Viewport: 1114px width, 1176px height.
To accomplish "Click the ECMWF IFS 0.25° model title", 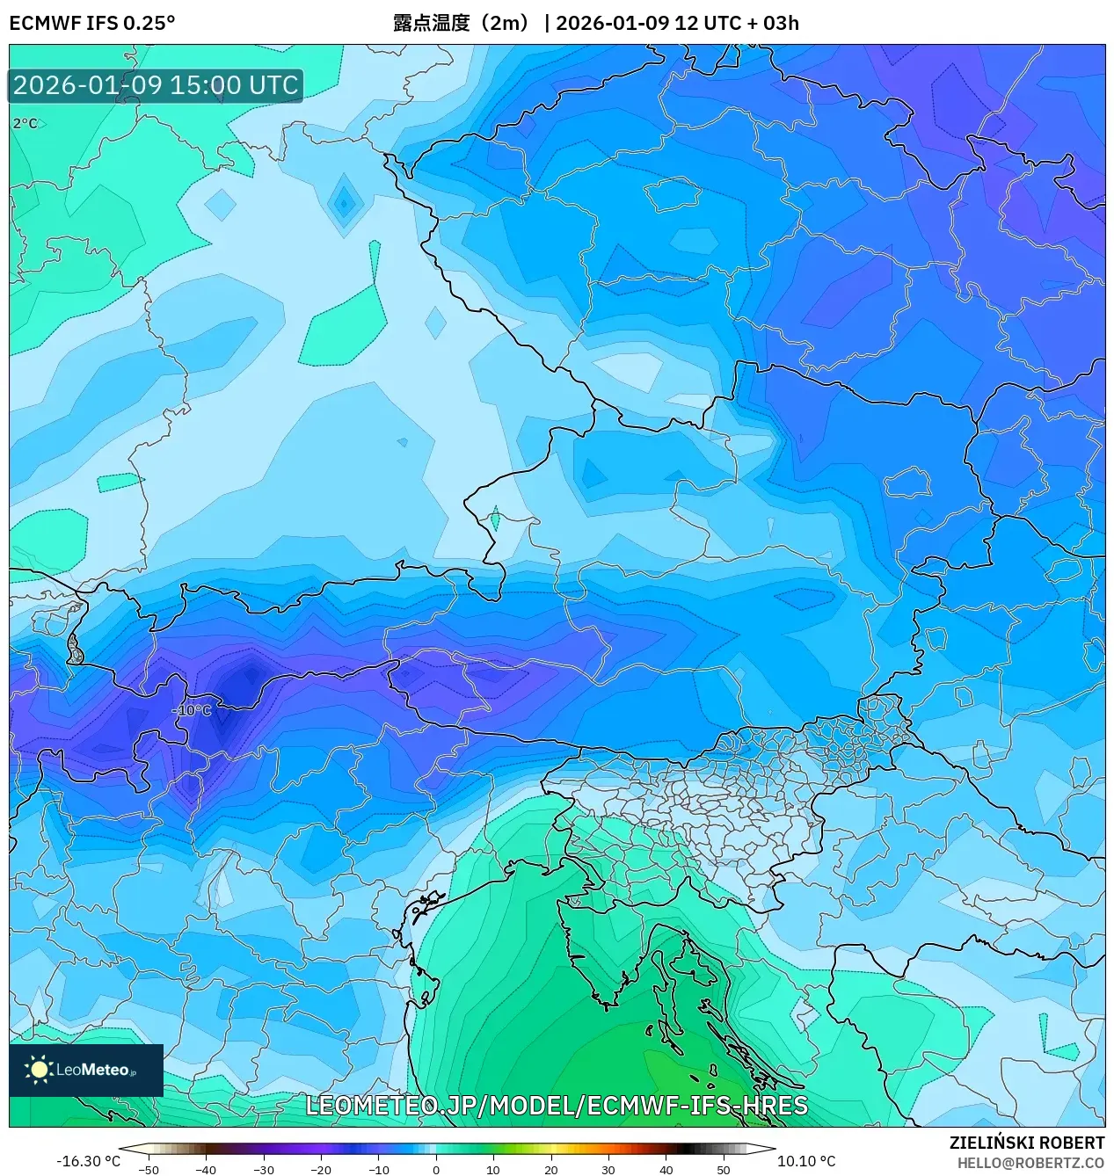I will tap(92, 23).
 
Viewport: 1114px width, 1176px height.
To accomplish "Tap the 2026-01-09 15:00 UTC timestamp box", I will tap(156, 85).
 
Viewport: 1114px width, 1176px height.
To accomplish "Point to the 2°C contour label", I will tap(25, 124).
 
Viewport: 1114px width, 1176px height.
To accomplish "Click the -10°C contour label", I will tap(192, 710).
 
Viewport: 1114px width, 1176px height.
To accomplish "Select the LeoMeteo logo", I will tap(86, 1070).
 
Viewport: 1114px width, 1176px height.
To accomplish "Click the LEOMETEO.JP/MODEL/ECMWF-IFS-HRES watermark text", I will tap(557, 1106).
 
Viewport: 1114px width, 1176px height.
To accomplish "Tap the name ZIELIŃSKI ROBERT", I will tap(1026, 1143).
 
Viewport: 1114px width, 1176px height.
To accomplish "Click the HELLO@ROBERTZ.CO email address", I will tap(1030, 1163).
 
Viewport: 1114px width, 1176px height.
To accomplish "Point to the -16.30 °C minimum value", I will tap(88, 1161).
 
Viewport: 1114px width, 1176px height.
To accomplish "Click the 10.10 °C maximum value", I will tap(806, 1161).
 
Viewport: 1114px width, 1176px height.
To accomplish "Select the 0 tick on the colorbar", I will tap(435, 1170).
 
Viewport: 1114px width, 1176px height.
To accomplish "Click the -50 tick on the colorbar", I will tap(149, 1170).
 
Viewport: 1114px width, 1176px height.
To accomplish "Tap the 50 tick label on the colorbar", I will tap(723, 1170).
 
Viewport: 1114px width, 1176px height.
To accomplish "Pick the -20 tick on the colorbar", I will tap(321, 1170).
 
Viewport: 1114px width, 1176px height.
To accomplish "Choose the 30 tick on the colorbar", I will tap(608, 1170).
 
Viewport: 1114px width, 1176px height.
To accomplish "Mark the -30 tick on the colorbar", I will tap(264, 1170).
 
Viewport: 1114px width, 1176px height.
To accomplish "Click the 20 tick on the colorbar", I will tap(550, 1170).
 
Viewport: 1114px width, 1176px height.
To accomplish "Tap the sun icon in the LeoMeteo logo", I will tap(39, 1070).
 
